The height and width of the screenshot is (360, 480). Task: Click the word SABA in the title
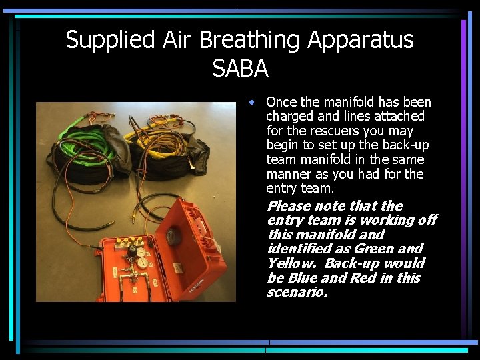(240, 67)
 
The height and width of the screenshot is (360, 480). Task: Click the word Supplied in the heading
(109, 40)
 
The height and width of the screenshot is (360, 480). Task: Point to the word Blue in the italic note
(291, 278)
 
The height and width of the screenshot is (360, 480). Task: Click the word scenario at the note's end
(296, 293)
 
